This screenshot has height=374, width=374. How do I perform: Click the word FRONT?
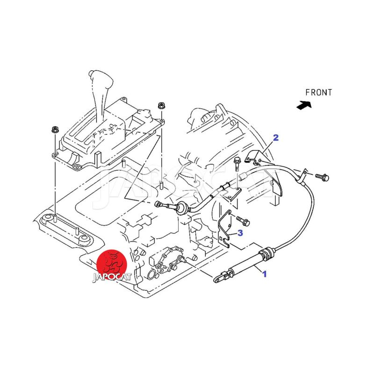318,93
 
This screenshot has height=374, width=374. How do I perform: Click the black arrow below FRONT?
304,105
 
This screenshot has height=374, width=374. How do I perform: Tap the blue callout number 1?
264,274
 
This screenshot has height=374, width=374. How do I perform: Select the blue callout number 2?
276,137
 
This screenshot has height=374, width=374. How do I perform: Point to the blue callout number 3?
240,233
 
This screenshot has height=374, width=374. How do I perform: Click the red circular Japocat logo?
112,264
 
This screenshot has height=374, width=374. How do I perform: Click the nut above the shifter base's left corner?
54,130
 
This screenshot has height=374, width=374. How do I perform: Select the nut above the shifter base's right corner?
161,105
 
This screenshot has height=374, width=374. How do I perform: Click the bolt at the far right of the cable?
322,177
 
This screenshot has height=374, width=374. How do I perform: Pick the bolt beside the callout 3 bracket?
243,220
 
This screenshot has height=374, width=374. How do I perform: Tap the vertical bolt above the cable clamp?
237,164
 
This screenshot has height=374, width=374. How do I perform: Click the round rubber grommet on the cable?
182,208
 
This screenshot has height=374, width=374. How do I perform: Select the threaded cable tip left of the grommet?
164,205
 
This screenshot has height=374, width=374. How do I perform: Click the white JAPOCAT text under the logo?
112,277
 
